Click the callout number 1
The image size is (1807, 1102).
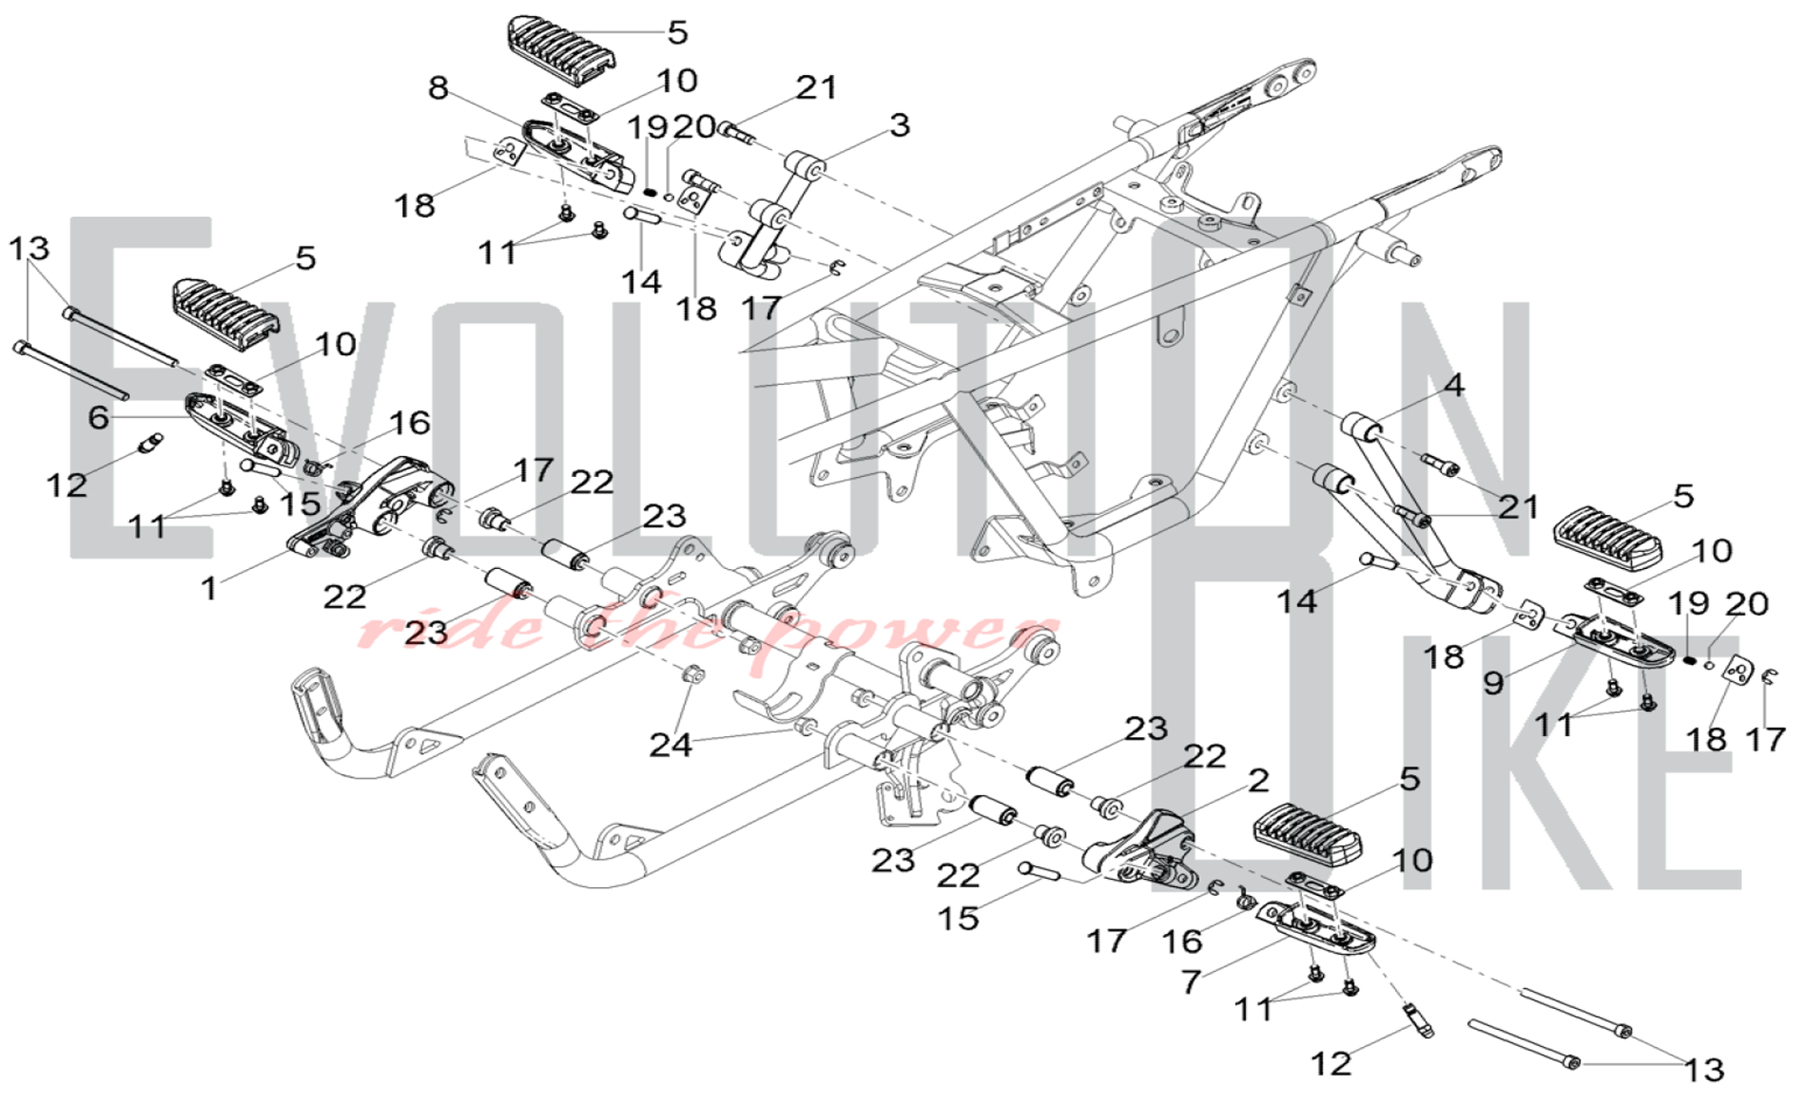click(x=210, y=588)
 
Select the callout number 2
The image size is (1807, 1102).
click(x=1259, y=780)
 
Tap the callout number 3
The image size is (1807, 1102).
click(x=899, y=125)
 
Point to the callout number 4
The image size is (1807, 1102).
click(x=1454, y=386)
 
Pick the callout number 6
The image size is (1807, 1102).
click(x=98, y=417)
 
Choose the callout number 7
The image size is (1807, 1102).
click(x=1192, y=981)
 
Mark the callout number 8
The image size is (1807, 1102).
click(x=438, y=88)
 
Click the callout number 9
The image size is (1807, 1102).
click(x=1493, y=682)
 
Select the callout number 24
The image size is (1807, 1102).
click(x=670, y=745)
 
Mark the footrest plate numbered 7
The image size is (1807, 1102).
click(x=1317, y=930)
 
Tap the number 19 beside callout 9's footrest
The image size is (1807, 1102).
click(x=1688, y=603)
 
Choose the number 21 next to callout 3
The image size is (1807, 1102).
click(x=817, y=88)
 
